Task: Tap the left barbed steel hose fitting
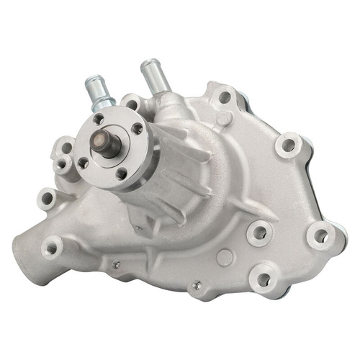point(98,90)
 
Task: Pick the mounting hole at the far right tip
point(320,235)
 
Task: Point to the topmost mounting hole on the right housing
point(225,97)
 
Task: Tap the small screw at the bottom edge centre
point(195,286)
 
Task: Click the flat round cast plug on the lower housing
point(225,256)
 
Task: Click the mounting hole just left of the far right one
point(257,233)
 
